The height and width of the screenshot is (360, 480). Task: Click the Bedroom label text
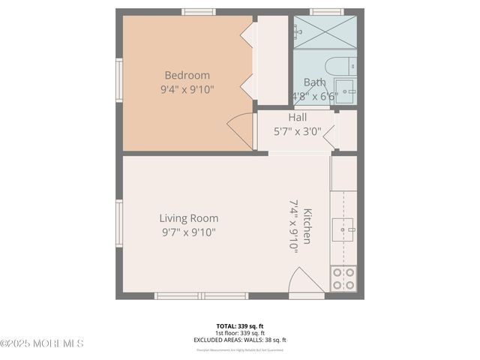[187, 75]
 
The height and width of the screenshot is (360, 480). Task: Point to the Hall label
[297, 117]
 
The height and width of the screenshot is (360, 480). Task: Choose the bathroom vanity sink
[346, 91]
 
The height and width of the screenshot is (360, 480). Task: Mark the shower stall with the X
[325, 32]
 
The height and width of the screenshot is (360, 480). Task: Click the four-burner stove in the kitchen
[343, 279]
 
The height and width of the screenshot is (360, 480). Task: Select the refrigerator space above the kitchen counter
[344, 173]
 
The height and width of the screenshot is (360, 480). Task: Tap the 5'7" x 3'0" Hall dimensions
[297, 130]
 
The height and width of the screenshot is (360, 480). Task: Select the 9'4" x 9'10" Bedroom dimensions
[187, 89]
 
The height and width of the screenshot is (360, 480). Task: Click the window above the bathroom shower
[327, 12]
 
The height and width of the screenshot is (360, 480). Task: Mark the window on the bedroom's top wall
[199, 12]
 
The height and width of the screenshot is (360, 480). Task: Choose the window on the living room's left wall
[119, 222]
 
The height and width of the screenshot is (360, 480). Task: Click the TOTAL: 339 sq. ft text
[240, 326]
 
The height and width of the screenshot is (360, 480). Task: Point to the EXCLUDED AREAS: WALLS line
[240, 340]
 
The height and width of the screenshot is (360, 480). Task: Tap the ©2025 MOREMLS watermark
[42, 343]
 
